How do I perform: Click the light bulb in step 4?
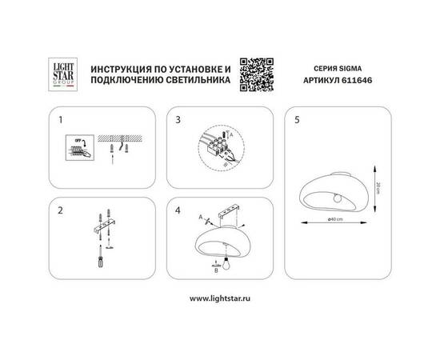(226, 264)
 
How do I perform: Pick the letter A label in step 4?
(198, 217)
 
